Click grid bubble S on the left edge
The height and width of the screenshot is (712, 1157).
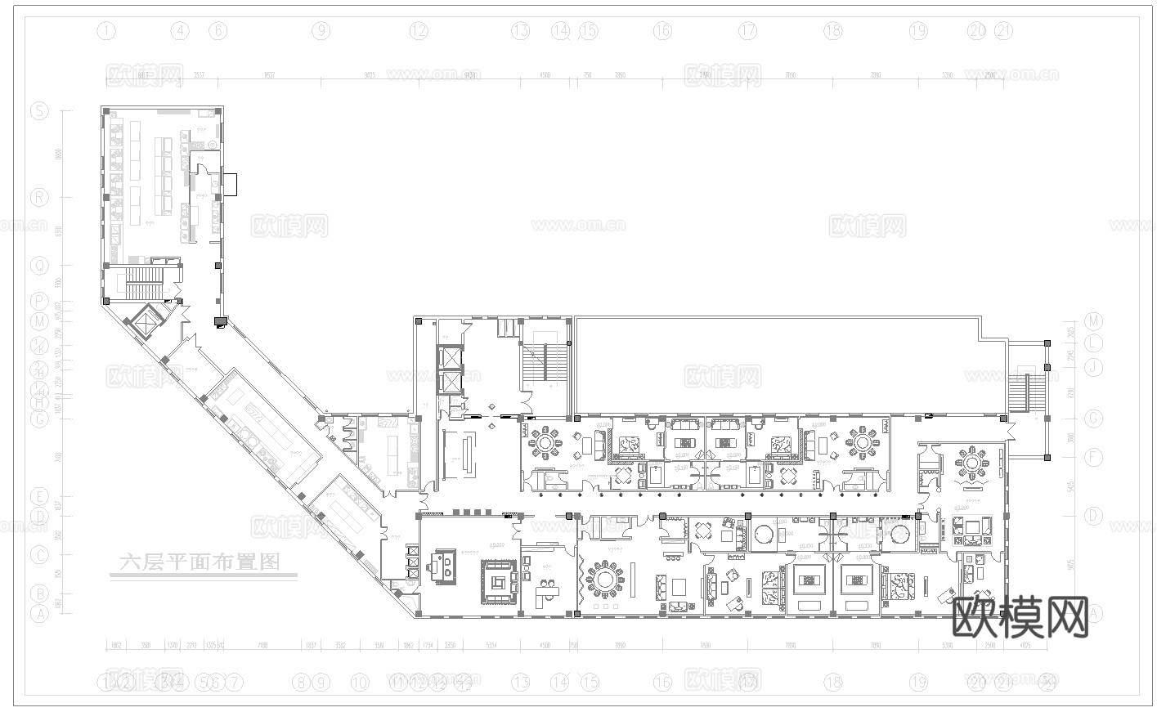(x=39, y=112)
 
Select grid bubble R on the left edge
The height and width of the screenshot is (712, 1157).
(x=39, y=197)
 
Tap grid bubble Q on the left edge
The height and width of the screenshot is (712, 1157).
(x=39, y=266)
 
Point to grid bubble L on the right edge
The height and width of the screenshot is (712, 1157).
(x=1094, y=343)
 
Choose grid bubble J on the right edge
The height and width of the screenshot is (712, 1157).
(x=1094, y=367)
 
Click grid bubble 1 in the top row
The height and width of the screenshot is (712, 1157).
(x=106, y=32)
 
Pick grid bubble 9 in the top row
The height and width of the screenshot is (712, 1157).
(x=321, y=32)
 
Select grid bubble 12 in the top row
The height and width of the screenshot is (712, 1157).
(x=419, y=32)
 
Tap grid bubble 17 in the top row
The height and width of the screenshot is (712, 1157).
(x=748, y=32)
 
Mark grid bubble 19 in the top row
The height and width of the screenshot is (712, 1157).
(x=918, y=32)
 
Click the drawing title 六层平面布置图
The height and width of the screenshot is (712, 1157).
(x=200, y=562)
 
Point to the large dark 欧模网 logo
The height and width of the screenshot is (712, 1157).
(x=1021, y=618)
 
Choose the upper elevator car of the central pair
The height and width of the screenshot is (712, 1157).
(x=450, y=357)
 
